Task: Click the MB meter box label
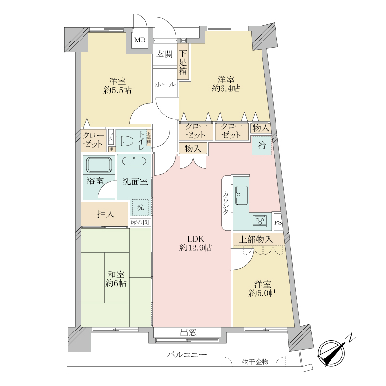pyautogui.click(x=139, y=41)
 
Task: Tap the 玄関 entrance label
pyautogui.click(x=164, y=54)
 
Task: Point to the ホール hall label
pyautogui.click(x=165, y=84)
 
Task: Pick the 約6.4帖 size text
pyautogui.click(x=226, y=88)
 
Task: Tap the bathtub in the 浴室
pyautogui.click(x=99, y=166)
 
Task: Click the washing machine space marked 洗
pyautogui.click(x=140, y=207)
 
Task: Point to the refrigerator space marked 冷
pyautogui.click(x=261, y=145)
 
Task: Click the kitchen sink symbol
pyautogui.click(x=241, y=195)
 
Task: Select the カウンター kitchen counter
pyautogui.click(x=227, y=203)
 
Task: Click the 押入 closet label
pyautogui.click(x=105, y=214)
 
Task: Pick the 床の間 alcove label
pyautogui.click(x=140, y=222)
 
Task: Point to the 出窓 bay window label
pyautogui.click(x=188, y=332)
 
